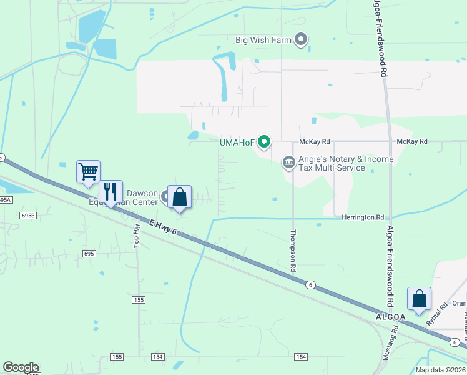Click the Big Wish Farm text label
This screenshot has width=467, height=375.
pyautogui.click(x=263, y=41)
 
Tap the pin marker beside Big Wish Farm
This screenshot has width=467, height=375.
pyautogui.click(x=302, y=41)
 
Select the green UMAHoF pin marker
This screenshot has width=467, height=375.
pyautogui.click(x=264, y=142)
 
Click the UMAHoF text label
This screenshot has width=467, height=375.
pyautogui.click(x=237, y=142)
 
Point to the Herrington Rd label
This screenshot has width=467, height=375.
pyautogui.click(x=363, y=217)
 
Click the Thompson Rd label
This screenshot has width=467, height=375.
pyautogui.click(x=293, y=251)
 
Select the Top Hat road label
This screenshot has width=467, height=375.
pyautogui.click(x=138, y=233)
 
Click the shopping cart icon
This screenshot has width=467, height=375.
pyautogui.click(x=88, y=171)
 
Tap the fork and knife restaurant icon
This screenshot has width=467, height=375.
pyautogui.click(x=111, y=191)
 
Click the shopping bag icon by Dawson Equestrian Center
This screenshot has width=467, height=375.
pyautogui.click(x=180, y=197)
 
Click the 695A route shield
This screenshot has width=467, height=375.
pyautogui.click(x=5, y=199)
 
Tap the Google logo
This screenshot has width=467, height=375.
pyautogui.click(x=21, y=367)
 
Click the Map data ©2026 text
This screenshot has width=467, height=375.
pyautogui.click(x=440, y=370)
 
